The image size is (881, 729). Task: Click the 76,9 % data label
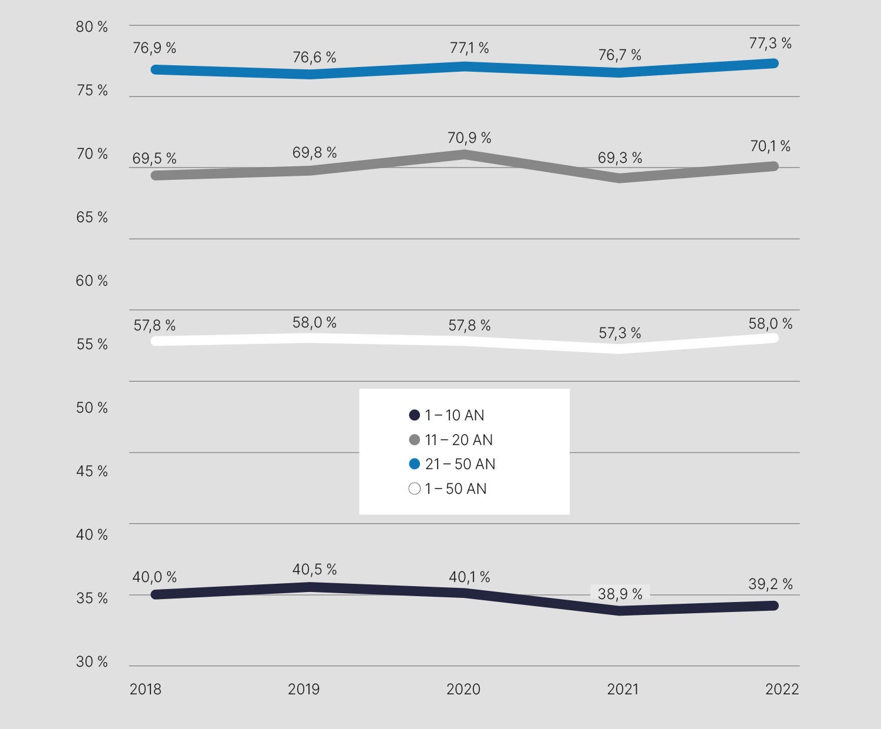154,48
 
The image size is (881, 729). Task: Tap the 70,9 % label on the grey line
469,138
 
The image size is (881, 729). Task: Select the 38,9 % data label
620,594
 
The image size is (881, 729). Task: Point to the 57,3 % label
620,333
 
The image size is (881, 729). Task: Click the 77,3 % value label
770,43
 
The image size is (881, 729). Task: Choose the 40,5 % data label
314,569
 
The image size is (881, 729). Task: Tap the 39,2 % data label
771,584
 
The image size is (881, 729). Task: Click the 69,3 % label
620,158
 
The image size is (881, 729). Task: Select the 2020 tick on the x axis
463,689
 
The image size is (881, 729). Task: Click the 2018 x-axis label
146,689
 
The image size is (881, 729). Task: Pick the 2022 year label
782,689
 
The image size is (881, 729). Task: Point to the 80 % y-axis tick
92,27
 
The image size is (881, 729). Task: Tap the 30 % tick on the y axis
92,662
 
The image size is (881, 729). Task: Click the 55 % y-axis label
92,345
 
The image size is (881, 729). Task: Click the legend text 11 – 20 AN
459,440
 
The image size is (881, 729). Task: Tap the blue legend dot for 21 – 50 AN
414,464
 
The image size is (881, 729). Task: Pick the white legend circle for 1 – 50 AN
414,489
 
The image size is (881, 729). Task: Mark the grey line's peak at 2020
465,155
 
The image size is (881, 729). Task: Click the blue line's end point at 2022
774,63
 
